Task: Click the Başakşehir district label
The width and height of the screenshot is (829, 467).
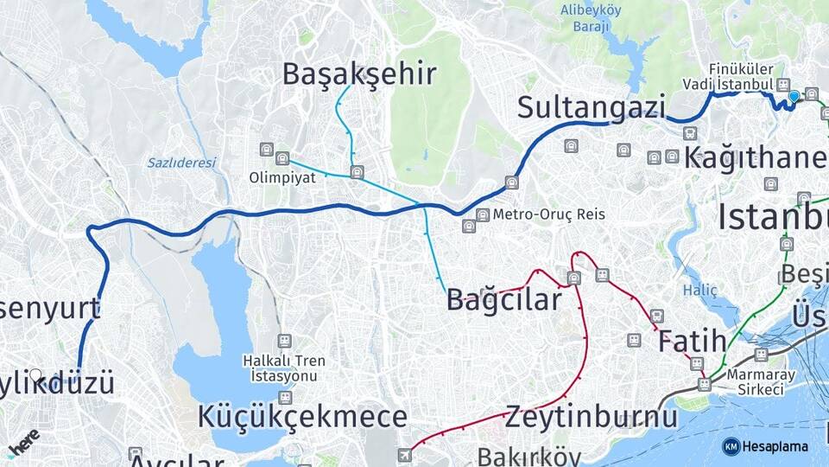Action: [x=359, y=74]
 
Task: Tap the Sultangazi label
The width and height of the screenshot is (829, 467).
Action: [x=592, y=108]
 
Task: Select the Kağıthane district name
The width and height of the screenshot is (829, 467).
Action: [x=756, y=158]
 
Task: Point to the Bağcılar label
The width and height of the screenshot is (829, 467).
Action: [x=503, y=300]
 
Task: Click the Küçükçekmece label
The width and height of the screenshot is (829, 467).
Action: [x=302, y=416]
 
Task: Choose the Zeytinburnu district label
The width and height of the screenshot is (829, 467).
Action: [x=592, y=416]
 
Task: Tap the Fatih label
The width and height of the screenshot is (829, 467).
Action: [x=692, y=342]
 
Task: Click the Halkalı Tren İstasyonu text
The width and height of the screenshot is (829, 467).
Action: [x=283, y=369]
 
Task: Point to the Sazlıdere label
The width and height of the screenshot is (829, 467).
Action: [x=180, y=163]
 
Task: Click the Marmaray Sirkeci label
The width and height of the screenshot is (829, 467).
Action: [x=755, y=381]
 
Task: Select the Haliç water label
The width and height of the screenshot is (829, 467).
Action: [x=700, y=291]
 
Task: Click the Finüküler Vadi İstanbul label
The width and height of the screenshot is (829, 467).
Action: [x=740, y=76]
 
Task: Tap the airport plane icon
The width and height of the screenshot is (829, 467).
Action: [x=404, y=455]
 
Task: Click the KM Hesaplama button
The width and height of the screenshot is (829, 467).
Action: [x=765, y=446]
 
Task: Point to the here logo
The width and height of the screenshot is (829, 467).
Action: [x=24, y=442]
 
